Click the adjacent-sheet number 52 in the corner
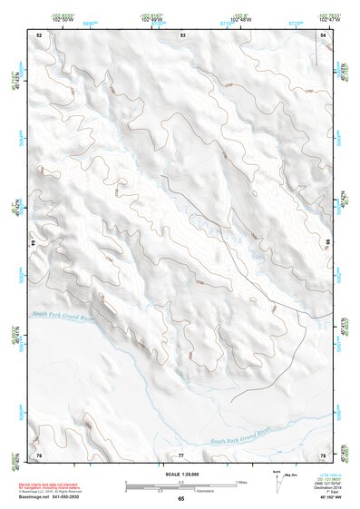[x=39, y=34]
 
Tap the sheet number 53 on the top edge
[x=182, y=34]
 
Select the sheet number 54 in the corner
[x=324, y=34]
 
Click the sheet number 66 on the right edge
[x=326, y=243]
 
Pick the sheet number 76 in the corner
[x=39, y=453]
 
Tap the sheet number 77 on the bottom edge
[x=181, y=453]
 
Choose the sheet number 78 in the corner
[x=324, y=453]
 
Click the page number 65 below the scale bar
[x=181, y=499]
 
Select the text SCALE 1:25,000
[x=181, y=474]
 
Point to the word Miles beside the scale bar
[x=241, y=481]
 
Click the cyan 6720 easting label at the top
[x=292, y=16]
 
